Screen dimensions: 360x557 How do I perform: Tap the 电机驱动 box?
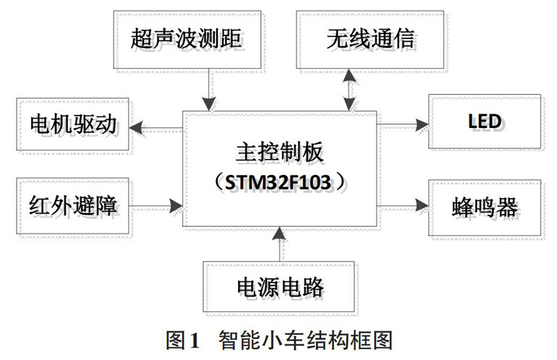coord(72,124)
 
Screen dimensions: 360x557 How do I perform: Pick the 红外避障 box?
coord(72,207)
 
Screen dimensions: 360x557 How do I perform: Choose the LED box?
coord(484,120)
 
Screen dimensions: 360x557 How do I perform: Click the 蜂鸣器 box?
coord(484,207)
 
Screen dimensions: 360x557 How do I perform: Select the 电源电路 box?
coord(280,287)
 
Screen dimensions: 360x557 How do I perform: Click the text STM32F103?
coord(281,179)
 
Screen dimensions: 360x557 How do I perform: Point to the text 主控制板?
coord(281,153)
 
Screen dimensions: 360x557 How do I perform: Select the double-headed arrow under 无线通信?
coord(349,90)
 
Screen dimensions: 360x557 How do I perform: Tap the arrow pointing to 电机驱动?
coord(156,129)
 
